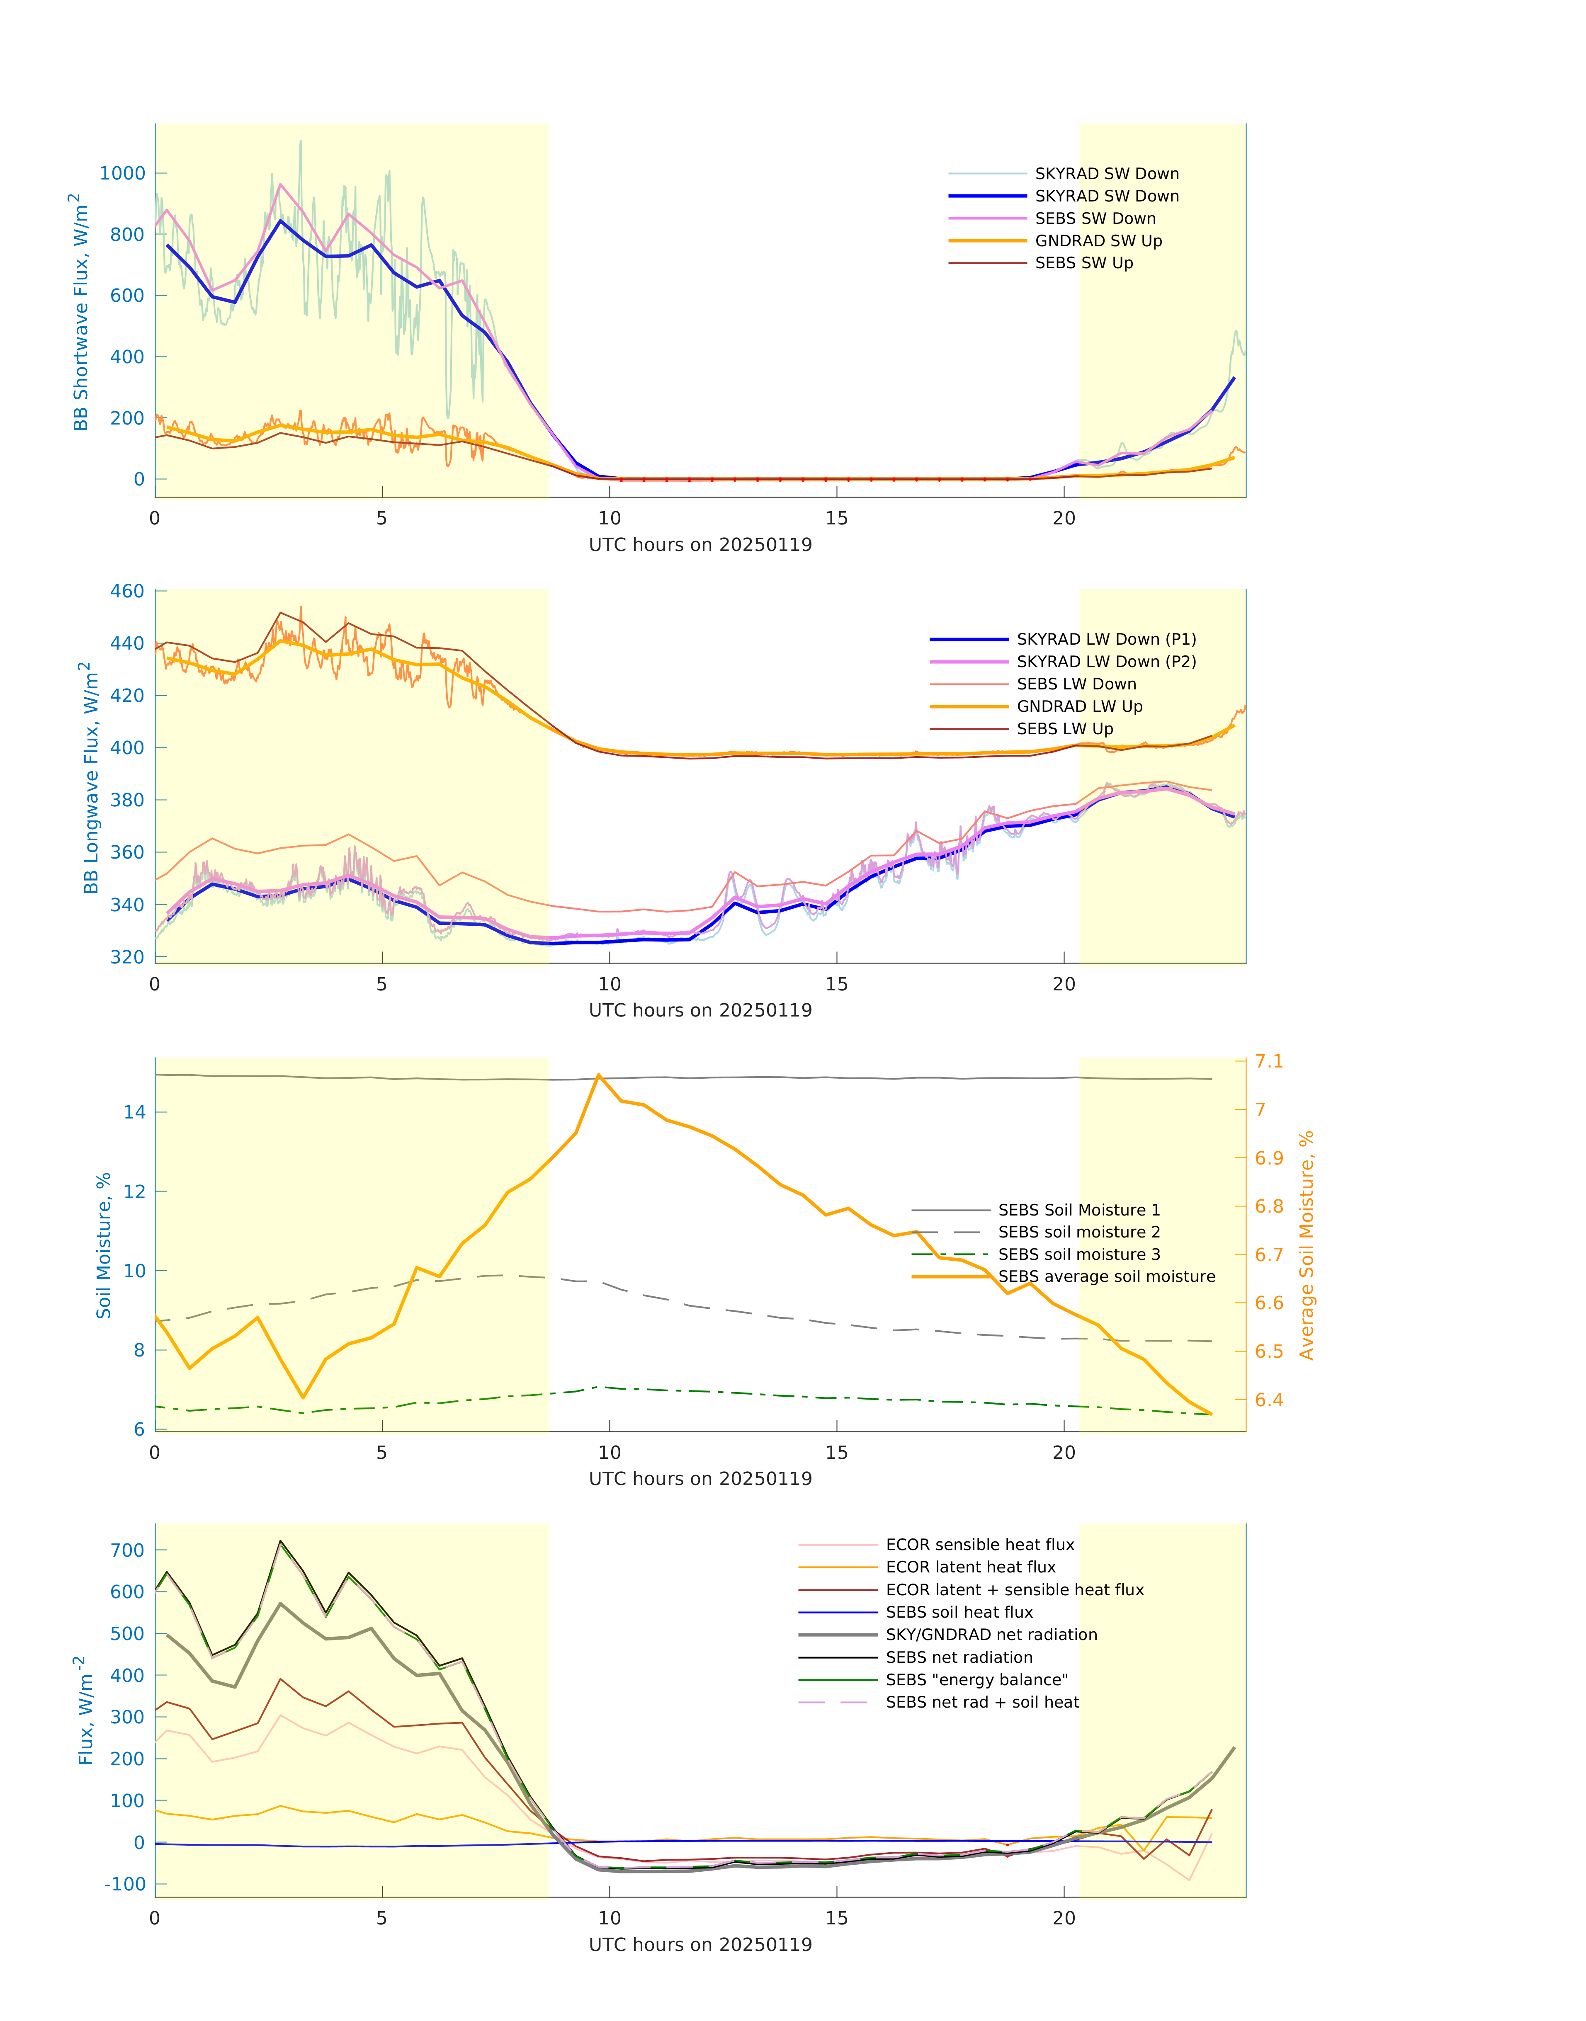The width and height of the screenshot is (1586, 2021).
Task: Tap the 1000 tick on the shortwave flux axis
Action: point(123,174)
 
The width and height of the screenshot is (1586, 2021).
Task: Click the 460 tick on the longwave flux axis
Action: point(127,591)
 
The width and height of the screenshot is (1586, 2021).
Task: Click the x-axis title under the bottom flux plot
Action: point(700,1944)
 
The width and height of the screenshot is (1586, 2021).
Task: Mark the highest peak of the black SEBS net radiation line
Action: point(280,1541)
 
